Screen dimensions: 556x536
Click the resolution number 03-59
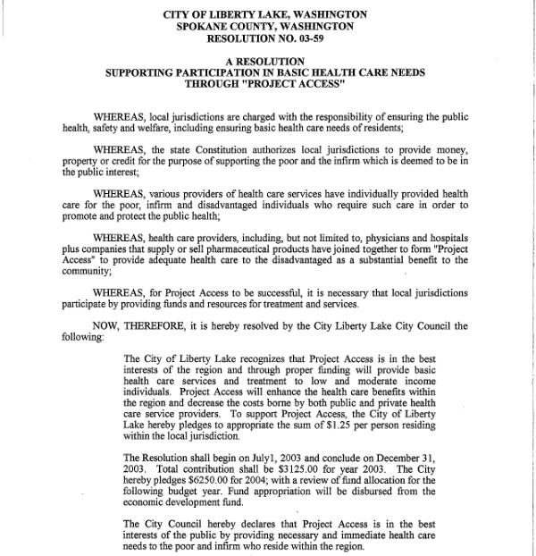[x=311, y=39]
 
